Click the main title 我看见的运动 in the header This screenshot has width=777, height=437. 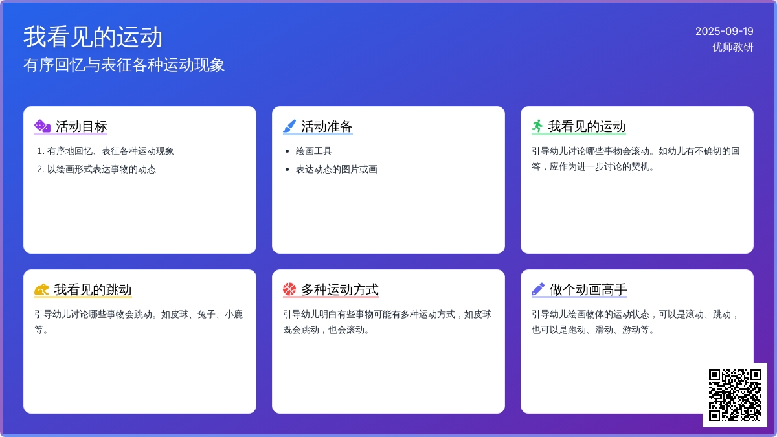[93, 37]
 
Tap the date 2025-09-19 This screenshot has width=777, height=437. [725, 31]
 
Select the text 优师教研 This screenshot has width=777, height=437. [732, 47]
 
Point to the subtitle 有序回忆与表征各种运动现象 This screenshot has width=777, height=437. [124, 65]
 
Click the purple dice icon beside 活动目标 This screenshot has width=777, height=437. [42, 126]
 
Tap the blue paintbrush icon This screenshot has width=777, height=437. [289, 126]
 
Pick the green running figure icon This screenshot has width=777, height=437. [537, 126]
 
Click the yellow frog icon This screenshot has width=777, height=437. [41, 289]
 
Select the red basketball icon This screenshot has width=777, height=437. [289, 289]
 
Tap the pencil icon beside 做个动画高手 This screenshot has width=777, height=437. [538, 289]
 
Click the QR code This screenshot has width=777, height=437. [735, 395]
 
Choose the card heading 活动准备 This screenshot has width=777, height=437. [327, 127]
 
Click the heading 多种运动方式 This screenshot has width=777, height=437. [340, 289]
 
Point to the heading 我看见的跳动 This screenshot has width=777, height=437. [93, 289]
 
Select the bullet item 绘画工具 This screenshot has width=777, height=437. [313, 151]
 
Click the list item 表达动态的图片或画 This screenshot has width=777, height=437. [337, 169]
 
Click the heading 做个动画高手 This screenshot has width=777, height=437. [589, 289]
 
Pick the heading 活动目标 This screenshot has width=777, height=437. [82, 127]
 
